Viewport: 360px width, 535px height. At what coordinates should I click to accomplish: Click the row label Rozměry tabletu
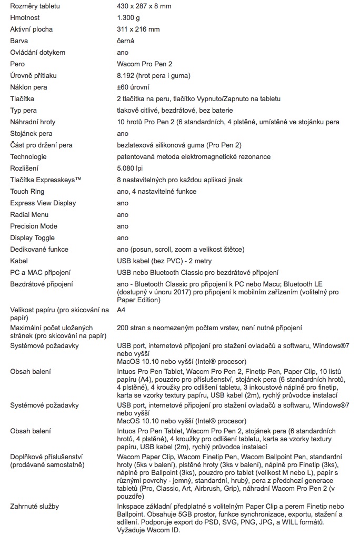click(x=35, y=6)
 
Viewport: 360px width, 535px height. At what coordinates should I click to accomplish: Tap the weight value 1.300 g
click(x=128, y=18)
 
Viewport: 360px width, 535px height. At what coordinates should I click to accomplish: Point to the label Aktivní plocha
click(x=32, y=29)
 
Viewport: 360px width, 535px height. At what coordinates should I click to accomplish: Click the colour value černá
click(x=125, y=41)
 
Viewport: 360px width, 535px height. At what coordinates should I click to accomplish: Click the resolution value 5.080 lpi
click(x=129, y=169)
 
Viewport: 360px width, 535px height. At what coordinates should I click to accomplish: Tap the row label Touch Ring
click(x=27, y=192)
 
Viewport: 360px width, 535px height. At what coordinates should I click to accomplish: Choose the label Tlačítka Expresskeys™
click(x=46, y=180)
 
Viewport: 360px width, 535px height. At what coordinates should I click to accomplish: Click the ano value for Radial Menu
click(x=122, y=215)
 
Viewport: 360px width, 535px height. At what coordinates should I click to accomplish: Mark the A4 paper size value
click(x=121, y=310)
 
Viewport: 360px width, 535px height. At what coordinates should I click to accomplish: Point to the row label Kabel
click(x=19, y=261)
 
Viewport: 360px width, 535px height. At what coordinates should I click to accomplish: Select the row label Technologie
click(x=28, y=157)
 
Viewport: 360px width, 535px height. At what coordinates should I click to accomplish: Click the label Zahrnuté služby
click(x=35, y=507)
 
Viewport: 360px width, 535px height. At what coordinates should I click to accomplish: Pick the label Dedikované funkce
click(x=39, y=250)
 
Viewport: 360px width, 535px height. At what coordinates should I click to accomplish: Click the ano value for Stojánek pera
click(x=122, y=134)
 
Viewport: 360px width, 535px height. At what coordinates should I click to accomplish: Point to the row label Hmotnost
click(x=25, y=18)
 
